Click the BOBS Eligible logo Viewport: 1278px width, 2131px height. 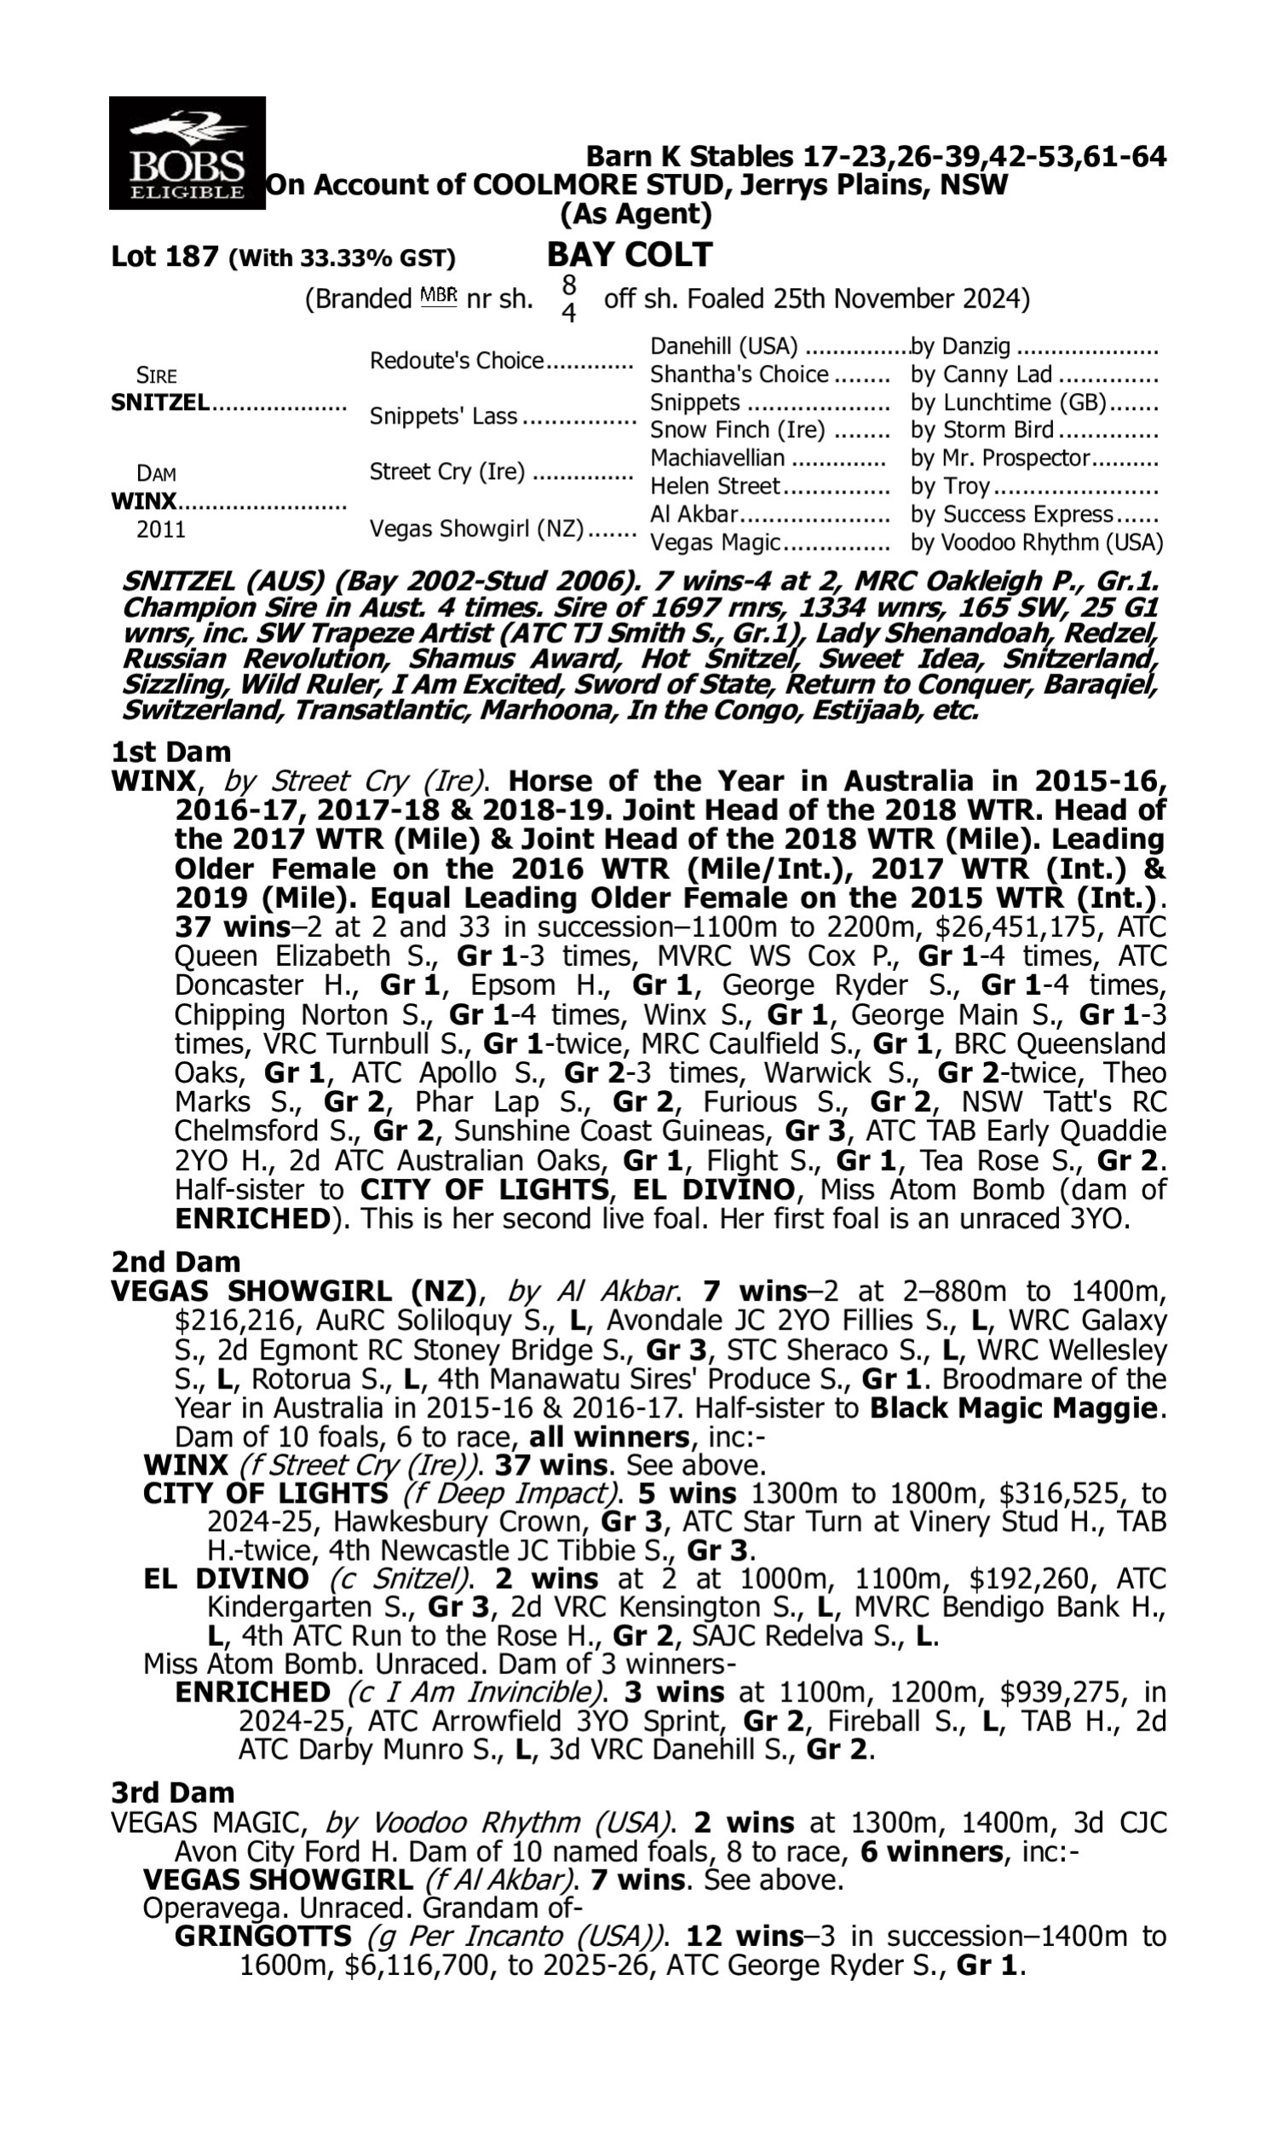(x=187, y=153)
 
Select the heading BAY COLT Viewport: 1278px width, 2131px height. (x=630, y=255)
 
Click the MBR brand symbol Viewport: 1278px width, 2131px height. (x=438, y=297)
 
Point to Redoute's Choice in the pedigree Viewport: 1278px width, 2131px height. (x=457, y=360)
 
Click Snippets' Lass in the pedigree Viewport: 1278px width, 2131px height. (x=443, y=416)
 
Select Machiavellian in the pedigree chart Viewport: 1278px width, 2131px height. (x=717, y=458)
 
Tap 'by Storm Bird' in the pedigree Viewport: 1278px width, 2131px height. (x=982, y=430)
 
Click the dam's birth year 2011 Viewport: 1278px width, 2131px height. (x=161, y=528)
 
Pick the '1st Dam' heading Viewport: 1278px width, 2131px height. (x=170, y=752)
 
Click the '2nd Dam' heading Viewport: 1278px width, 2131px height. (x=175, y=1262)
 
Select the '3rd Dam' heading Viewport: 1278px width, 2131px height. (x=172, y=1793)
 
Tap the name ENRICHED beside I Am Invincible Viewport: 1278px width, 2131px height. (x=252, y=1692)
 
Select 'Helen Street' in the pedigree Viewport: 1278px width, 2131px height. (x=714, y=486)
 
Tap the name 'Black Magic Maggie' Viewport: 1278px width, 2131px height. (x=1018, y=1407)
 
